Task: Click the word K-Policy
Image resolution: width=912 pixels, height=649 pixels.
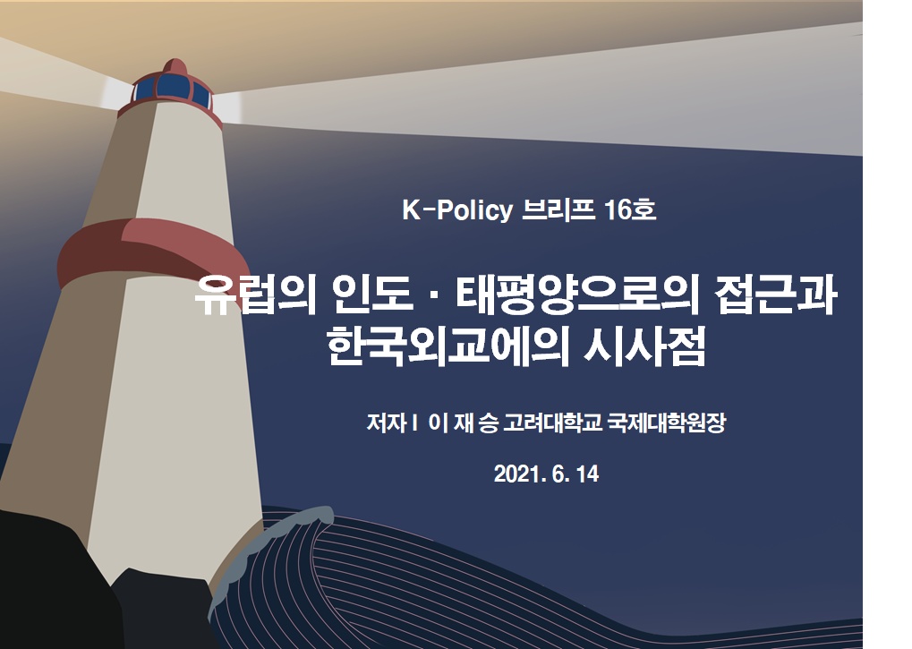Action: point(457,210)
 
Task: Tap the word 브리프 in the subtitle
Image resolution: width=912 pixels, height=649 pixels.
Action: point(558,209)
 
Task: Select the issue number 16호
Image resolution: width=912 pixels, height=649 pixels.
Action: point(630,209)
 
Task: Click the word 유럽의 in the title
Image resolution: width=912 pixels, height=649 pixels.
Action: point(255,295)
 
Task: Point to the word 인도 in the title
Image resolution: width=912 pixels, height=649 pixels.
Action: point(373,295)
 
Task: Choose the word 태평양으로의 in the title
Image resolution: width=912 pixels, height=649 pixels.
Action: point(577,295)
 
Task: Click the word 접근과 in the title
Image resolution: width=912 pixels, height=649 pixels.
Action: point(775,295)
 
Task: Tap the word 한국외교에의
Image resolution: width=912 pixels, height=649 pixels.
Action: point(447,346)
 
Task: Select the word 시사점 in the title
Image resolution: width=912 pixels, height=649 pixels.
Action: point(644,346)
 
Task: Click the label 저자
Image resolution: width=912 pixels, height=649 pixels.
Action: point(387,423)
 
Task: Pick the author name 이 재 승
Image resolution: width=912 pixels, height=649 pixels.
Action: point(463,423)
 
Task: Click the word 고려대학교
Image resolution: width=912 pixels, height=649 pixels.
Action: point(552,423)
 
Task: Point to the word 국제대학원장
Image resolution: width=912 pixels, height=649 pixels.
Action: point(667,423)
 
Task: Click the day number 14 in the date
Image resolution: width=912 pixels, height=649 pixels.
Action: point(587,474)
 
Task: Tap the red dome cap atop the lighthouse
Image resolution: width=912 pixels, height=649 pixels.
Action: point(174,67)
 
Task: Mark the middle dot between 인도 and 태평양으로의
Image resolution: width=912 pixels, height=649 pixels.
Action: point(434,295)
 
